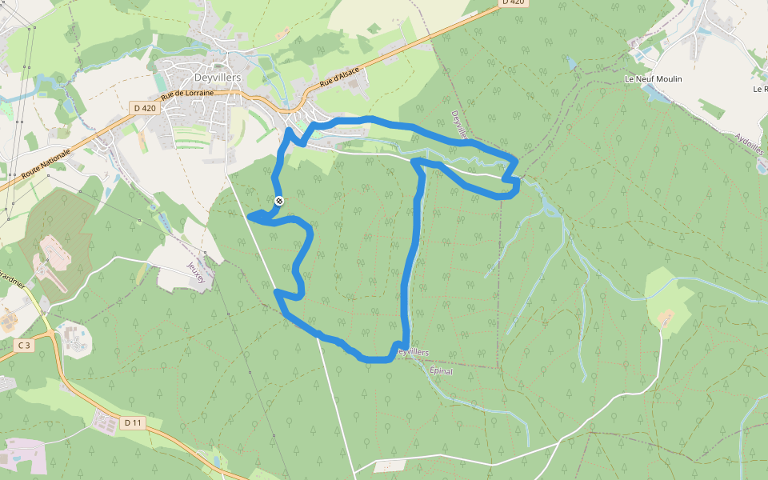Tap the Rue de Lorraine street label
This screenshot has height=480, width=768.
[187, 94]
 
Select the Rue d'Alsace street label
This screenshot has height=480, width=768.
[340, 77]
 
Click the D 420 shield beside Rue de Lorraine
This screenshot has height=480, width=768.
[144, 107]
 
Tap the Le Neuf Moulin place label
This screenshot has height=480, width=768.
[653, 79]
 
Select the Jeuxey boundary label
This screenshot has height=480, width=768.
[196, 272]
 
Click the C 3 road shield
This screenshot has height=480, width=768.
[24, 346]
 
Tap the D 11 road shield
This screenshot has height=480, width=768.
[133, 422]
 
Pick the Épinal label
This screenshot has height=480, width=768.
[442, 371]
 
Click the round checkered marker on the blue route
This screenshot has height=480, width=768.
[278, 201]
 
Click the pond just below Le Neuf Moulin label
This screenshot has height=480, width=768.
[654, 94]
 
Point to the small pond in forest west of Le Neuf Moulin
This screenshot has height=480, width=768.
[571, 62]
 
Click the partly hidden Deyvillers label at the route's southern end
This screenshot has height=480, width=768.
[414, 352]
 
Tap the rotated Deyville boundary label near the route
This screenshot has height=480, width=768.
[458, 125]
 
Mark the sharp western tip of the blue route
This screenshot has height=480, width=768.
[250, 215]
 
